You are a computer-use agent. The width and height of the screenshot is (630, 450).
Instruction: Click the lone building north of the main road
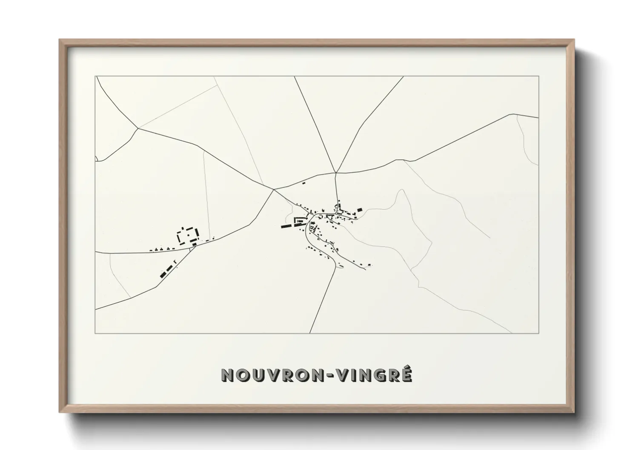point(304,183)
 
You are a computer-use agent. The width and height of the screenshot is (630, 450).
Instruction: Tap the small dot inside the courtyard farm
point(187,234)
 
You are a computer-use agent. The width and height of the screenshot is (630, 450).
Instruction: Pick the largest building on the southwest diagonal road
point(163,275)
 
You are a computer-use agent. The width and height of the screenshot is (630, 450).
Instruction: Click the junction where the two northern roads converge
point(336,173)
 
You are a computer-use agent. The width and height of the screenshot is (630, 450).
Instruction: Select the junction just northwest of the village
point(274,189)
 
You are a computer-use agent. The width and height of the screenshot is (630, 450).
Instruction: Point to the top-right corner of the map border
point(538,76)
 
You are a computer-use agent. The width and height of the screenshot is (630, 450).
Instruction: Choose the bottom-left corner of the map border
point(95,333)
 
